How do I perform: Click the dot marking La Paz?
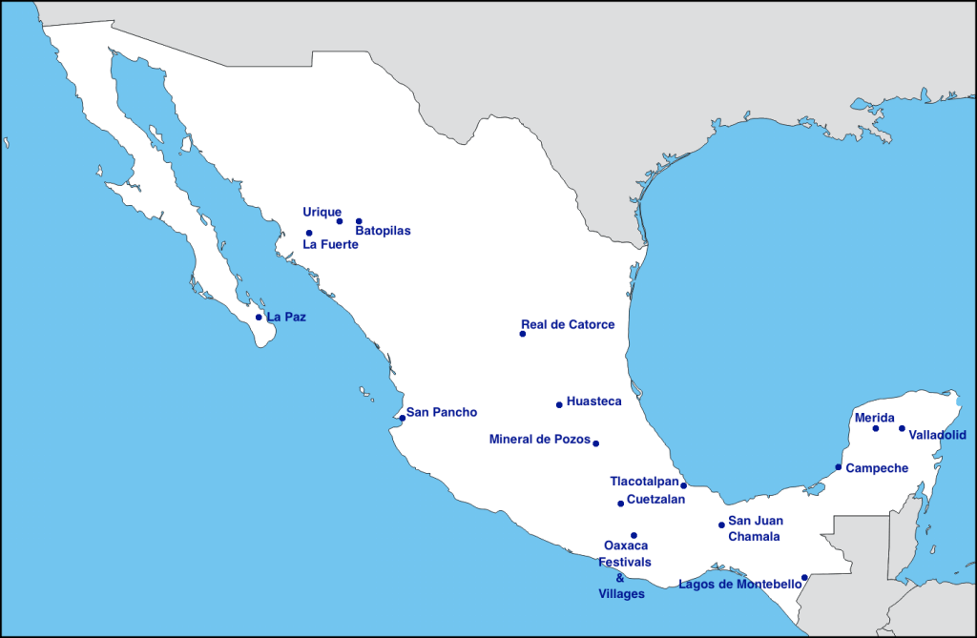click(259, 318)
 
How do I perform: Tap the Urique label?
click(322, 212)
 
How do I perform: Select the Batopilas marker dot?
click(359, 221)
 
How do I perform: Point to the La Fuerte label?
click(330, 244)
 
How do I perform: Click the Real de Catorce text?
click(568, 325)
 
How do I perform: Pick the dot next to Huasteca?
click(559, 405)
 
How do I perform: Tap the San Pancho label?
click(442, 413)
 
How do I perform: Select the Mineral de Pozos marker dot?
click(595, 443)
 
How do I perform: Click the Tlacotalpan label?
click(644, 482)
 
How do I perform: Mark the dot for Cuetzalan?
click(621, 504)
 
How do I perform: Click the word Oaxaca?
click(626, 545)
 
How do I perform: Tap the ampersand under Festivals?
click(620, 578)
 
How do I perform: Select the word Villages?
click(621, 594)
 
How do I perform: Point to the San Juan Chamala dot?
click(721, 525)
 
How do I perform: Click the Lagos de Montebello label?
click(739, 585)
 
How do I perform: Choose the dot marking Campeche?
click(839, 467)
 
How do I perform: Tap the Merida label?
click(874, 418)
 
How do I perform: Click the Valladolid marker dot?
click(902, 428)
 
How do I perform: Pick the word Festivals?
click(624, 562)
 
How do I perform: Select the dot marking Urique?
click(340, 221)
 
